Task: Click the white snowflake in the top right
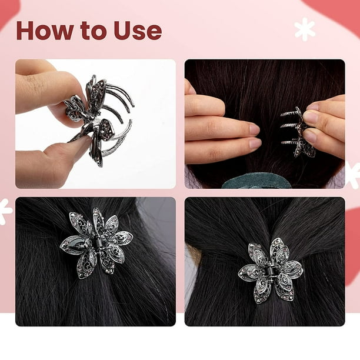305,29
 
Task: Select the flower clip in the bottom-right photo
271,271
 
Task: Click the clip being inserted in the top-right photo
296,132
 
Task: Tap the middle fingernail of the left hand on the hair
254,129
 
